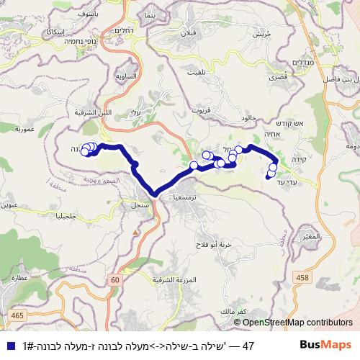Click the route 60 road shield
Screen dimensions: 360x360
(115, 278)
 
